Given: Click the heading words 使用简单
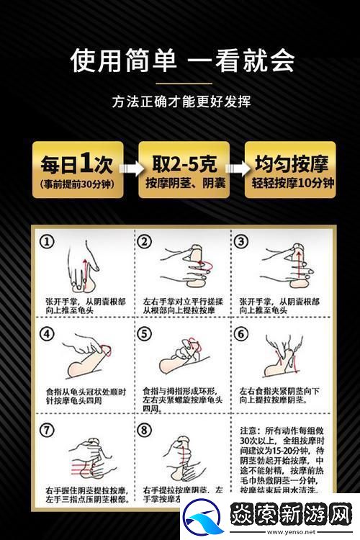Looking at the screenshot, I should [123, 60].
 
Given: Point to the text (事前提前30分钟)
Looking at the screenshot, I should [77, 184].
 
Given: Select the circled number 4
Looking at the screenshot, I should [48, 335].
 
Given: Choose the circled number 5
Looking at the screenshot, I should [145, 335].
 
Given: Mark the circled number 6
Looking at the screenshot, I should [241, 335].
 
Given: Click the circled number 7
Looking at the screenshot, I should [48, 431].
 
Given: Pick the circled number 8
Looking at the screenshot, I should [145, 431].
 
